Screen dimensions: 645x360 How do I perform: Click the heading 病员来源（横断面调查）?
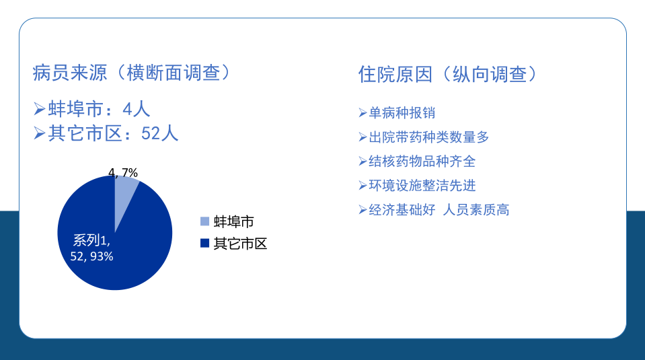coord(132,73)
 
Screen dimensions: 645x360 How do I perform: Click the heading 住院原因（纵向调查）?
coord(448,75)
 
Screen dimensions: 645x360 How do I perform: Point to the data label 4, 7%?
coord(123,172)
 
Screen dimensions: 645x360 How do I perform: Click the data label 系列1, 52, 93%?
coord(91,248)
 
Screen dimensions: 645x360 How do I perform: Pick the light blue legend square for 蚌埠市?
coord(204,221)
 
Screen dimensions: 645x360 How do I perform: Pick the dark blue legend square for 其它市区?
coord(204,243)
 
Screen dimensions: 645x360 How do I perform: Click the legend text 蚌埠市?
coord(233,222)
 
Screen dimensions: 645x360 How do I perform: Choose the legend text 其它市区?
coord(240,244)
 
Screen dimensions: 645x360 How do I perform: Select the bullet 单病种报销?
coord(402,113)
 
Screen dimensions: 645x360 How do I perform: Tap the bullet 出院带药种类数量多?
coord(428,137)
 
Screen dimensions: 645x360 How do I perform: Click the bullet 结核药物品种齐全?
coord(422,161)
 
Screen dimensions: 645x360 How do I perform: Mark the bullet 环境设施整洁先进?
coord(422,186)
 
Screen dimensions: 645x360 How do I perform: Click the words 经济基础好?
coord(402,210)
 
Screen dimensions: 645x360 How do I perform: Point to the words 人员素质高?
coord(476,210)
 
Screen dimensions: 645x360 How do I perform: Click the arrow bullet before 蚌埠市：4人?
coord(40,109)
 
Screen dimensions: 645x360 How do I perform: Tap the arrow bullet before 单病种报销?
coord(363,113)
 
